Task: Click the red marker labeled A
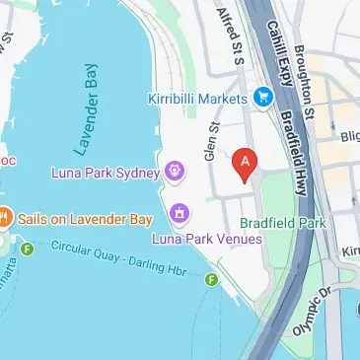pos(245,163)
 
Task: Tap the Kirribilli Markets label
pos(197,98)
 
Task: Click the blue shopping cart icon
pos(263,97)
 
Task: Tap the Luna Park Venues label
pos(207,238)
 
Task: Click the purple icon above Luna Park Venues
pos(180,211)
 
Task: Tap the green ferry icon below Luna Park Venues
pos(210,281)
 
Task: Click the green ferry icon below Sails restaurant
pos(27,248)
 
